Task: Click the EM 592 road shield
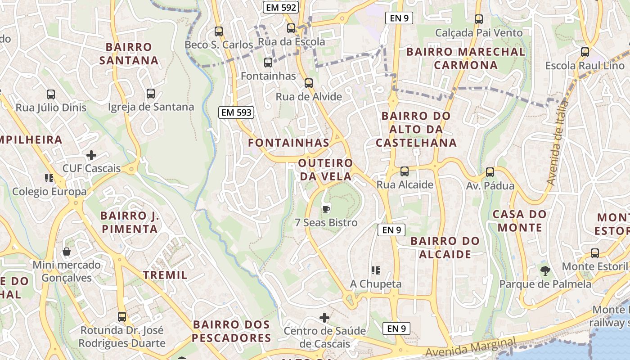(281, 7)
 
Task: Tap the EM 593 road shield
(237, 112)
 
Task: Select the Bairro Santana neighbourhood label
(129, 54)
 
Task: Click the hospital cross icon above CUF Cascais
(91, 156)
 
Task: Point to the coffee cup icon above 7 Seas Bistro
(326, 209)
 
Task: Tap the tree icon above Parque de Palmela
(545, 271)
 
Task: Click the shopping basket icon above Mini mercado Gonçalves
(67, 252)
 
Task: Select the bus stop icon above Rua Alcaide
(405, 171)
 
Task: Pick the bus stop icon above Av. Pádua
(490, 172)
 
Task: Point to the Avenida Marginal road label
(470, 348)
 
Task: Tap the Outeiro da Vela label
(326, 169)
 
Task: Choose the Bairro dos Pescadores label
(231, 331)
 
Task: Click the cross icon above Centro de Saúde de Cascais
(324, 318)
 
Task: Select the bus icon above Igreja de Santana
(151, 94)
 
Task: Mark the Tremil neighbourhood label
(165, 275)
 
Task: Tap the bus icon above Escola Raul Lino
(585, 52)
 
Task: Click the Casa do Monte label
(520, 220)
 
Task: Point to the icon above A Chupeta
(376, 270)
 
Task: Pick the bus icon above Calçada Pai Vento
(479, 19)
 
